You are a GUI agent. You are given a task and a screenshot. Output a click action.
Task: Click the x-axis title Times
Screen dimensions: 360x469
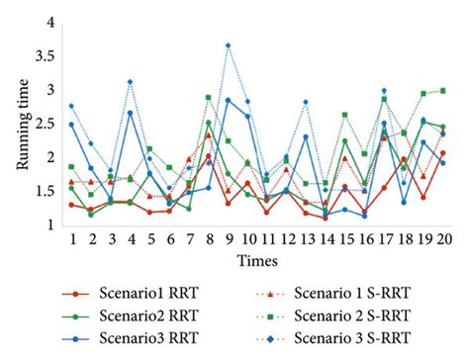tap(256, 258)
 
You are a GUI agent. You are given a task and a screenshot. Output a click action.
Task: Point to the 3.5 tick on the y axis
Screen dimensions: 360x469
tap(47, 55)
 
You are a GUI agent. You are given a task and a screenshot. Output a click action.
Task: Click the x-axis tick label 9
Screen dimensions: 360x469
tap(228, 239)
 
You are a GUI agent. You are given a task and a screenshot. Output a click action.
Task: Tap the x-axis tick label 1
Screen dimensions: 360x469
tap(71, 239)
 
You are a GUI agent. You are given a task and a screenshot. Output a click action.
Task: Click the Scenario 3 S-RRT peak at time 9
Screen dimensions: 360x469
tap(228, 45)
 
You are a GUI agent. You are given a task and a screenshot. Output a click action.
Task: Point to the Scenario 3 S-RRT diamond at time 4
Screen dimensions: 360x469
tap(130, 81)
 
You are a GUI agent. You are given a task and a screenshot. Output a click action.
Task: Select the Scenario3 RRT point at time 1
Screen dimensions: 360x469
tap(71, 124)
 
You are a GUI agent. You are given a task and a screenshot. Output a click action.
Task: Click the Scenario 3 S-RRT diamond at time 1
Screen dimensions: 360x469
tap(71, 105)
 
